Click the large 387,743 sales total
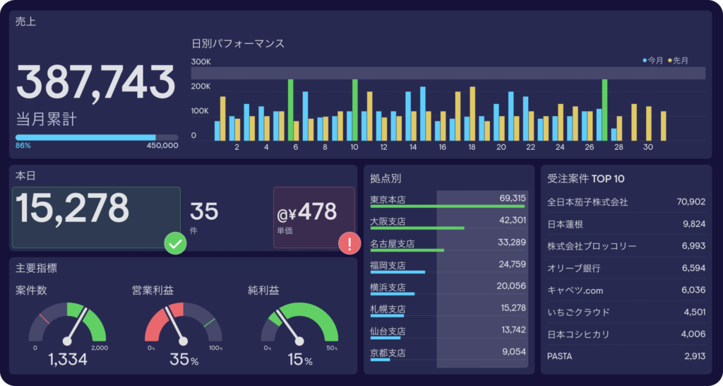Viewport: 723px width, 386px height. click(95, 83)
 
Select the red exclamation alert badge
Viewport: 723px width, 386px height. click(349, 244)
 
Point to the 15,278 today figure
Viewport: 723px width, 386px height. click(73, 209)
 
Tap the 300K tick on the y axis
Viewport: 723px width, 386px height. click(201, 62)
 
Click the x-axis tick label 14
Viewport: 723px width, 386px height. click(412, 147)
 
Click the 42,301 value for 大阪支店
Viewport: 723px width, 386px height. click(512, 221)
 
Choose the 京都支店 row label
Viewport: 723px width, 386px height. click(388, 353)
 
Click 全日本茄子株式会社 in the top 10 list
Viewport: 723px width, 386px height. click(587, 202)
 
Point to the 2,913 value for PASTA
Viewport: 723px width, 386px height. click(694, 356)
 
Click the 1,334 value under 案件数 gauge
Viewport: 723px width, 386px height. click(68, 360)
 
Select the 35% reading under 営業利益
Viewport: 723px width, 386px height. click(184, 360)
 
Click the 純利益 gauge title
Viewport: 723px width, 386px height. click(263, 291)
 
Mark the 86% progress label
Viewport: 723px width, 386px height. click(23, 146)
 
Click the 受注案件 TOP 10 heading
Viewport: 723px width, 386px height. click(585, 179)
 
